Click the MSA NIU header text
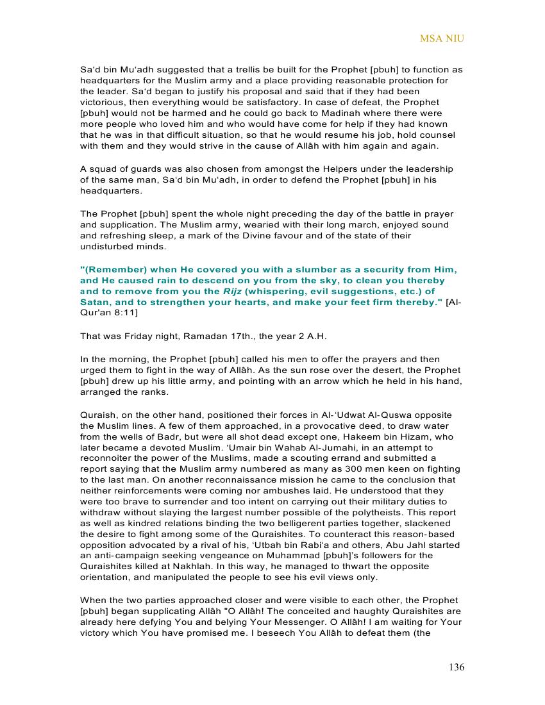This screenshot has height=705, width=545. click(442, 38)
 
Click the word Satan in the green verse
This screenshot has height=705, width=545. click(94, 303)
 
